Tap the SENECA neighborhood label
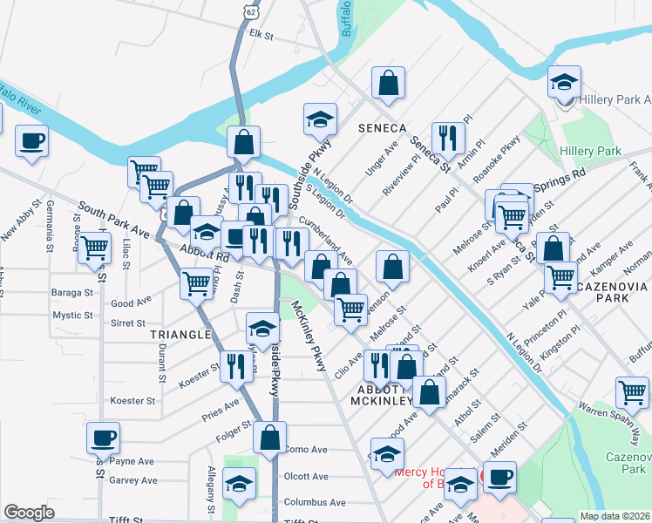pos(382,128)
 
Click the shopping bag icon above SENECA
pos(388,85)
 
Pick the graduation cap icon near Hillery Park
pos(564,84)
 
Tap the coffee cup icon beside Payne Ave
pos(103,438)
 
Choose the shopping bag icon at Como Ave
pos(271,438)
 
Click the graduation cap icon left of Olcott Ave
pos(239,484)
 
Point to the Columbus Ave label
pos(315,502)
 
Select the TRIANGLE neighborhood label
pos(180,335)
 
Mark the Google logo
pos(29,513)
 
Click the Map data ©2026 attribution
pos(615,516)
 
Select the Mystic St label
pos(72,316)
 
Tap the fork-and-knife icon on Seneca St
pos(448,137)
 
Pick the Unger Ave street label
pos(376,160)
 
